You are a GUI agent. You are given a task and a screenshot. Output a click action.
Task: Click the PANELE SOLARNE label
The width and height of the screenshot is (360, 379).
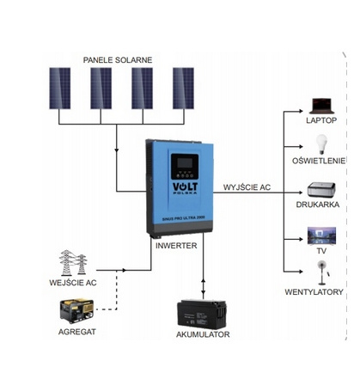(x=118, y=59)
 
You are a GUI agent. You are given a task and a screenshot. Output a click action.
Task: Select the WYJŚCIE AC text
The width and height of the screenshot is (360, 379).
(x=247, y=186)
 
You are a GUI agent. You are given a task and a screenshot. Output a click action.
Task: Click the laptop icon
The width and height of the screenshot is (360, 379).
(x=321, y=106)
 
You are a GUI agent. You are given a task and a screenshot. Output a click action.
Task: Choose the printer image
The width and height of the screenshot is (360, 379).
(x=322, y=190)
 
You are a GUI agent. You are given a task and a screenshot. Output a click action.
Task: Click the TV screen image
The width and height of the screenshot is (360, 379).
(x=322, y=236)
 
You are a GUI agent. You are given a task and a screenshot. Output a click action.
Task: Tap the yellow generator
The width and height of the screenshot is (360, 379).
(x=75, y=310)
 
